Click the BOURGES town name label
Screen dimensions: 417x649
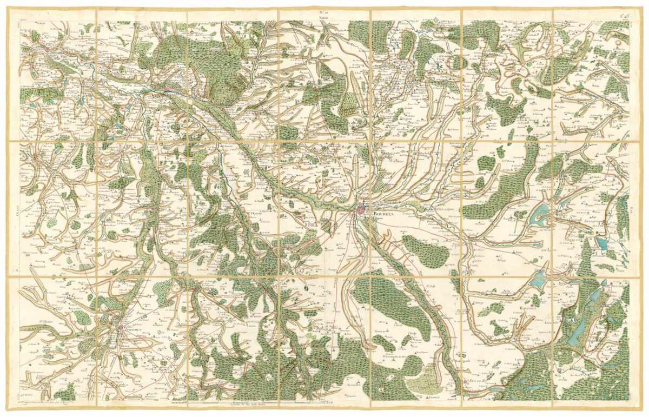[x=385, y=214]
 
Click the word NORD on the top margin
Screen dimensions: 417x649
[x=324, y=17]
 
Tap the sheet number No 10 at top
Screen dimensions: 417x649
[x=324, y=11]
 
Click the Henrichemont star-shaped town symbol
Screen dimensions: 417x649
[x=438, y=22]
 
